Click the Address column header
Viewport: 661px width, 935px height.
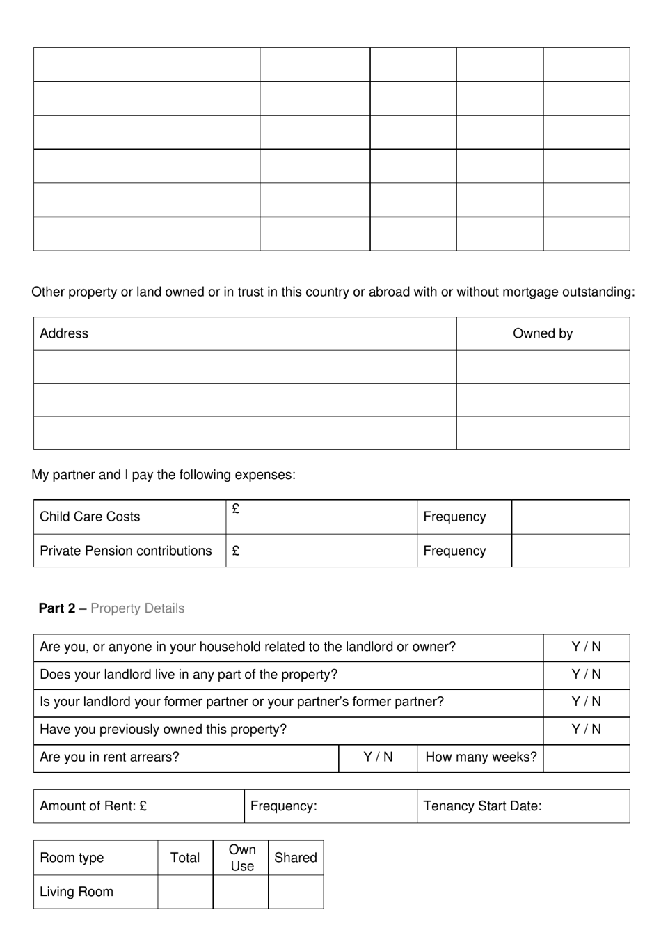pyautogui.click(x=64, y=333)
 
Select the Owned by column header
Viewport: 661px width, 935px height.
pyautogui.click(x=543, y=333)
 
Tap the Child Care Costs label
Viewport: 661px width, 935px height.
pyautogui.click(x=90, y=517)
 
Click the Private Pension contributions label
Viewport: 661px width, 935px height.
pyautogui.click(x=125, y=551)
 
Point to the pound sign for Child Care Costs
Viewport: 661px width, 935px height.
pyautogui.click(x=236, y=510)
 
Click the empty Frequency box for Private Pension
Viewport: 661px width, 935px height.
pyautogui.click(x=570, y=551)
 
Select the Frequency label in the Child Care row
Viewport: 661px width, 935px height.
pyautogui.click(x=454, y=517)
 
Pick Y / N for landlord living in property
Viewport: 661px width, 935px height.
pyautogui.click(x=586, y=675)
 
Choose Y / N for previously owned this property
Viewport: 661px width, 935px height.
pyautogui.click(x=586, y=730)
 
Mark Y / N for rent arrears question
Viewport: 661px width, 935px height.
pyautogui.click(x=378, y=757)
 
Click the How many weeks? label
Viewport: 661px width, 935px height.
pyautogui.click(x=481, y=757)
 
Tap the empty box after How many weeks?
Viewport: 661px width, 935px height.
pyautogui.click(x=586, y=758)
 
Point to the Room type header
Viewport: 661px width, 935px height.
pyautogui.click(x=72, y=858)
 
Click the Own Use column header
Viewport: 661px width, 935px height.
pyautogui.click(x=241, y=858)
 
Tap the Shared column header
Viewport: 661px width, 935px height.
pyautogui.click(x=295, y=858)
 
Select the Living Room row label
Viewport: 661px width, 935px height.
pyautogui.click(x=77, y=892)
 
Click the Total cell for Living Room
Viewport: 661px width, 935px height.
pyautogui.click(x=185, y=892)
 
